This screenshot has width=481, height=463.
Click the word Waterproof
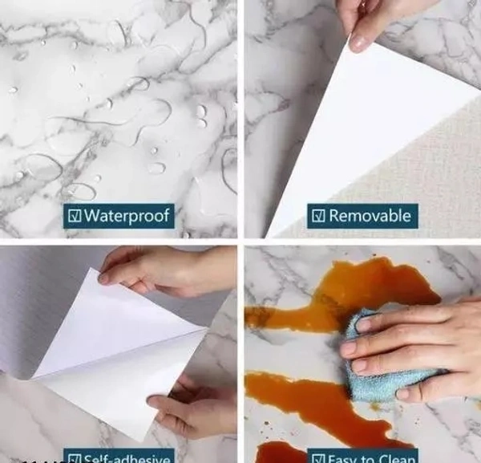click(x=127, y=216)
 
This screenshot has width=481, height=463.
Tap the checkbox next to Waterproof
click(x=74, y=216)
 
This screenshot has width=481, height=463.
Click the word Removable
click(x=370, y=215)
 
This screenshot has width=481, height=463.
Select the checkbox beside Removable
click(x=318, y=215)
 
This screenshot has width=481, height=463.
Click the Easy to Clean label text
click(x=371, y=459)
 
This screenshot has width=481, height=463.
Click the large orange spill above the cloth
click(x=337, y=289)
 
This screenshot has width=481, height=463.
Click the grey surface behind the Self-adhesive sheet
click(x=40, y=305)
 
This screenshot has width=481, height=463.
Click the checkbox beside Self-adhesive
click(x=74, y=459)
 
